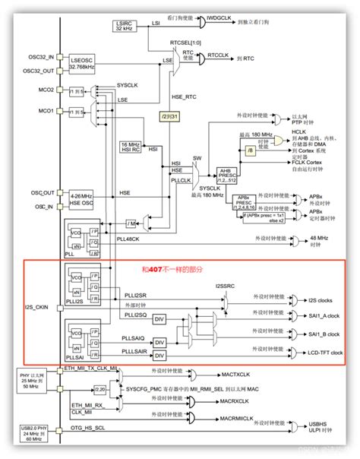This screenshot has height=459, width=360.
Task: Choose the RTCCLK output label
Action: click(x=218, y=55)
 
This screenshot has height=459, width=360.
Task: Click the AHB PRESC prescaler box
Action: click(x=228, y=174)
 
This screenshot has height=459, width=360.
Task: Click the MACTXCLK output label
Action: click(x=236, y=375)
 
